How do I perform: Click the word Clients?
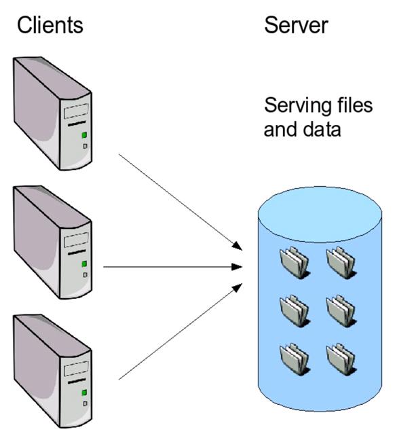(50, 25)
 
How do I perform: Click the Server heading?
(296, 25)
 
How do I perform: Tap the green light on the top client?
(84, 135)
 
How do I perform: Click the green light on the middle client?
(84, 264)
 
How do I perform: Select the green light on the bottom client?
(84, 393)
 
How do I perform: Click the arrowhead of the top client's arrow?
(238, 246)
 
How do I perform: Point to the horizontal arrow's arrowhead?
(237, 267)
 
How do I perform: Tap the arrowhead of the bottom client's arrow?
(237, 288)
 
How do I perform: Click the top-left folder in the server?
(295, 262)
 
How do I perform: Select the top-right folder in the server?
(341, 262)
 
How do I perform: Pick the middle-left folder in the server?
(295, 310)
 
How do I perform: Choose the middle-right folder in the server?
(341, 310)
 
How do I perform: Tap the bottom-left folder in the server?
(295, 359)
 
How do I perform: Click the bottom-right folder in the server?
(341, 359)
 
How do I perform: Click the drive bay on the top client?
(77, 111)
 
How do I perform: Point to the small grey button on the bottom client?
(86, 403)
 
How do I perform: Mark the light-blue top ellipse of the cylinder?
(320, 213)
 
